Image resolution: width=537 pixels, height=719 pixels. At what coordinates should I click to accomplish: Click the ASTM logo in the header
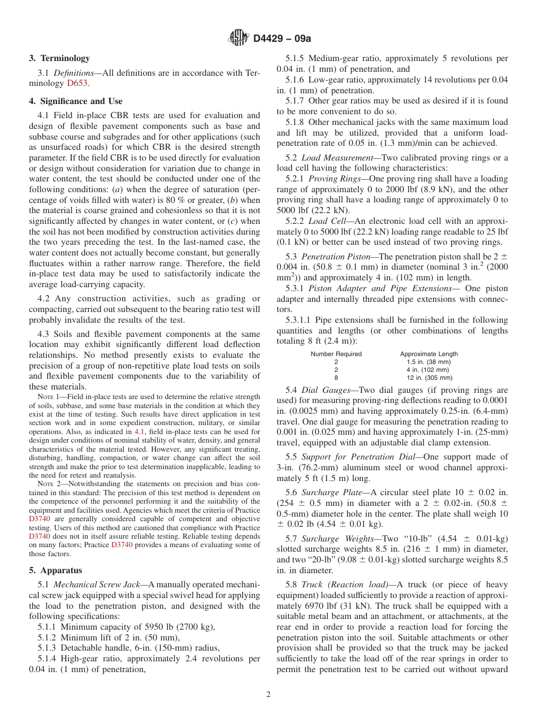point(238,38)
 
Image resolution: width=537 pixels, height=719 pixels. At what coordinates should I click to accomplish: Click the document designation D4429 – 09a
point(282,38)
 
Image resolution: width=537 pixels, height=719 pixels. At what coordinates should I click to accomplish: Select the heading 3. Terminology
point(59,58)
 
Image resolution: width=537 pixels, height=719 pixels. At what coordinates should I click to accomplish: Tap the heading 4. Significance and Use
point(75,101)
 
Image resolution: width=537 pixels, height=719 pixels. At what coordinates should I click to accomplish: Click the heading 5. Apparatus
point(55,570)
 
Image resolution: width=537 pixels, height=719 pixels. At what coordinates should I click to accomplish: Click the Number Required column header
point(336,354)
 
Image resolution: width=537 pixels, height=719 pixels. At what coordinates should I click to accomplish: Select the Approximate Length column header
point(429,354)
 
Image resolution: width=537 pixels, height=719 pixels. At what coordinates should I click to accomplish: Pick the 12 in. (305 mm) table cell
point(429,378)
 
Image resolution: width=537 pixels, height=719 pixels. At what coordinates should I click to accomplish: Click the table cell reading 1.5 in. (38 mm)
point(428,362)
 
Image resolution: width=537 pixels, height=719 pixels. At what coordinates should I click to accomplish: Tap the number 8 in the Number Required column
point(336,378)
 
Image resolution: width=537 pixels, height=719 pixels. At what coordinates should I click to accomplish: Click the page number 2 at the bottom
point(268,695)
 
